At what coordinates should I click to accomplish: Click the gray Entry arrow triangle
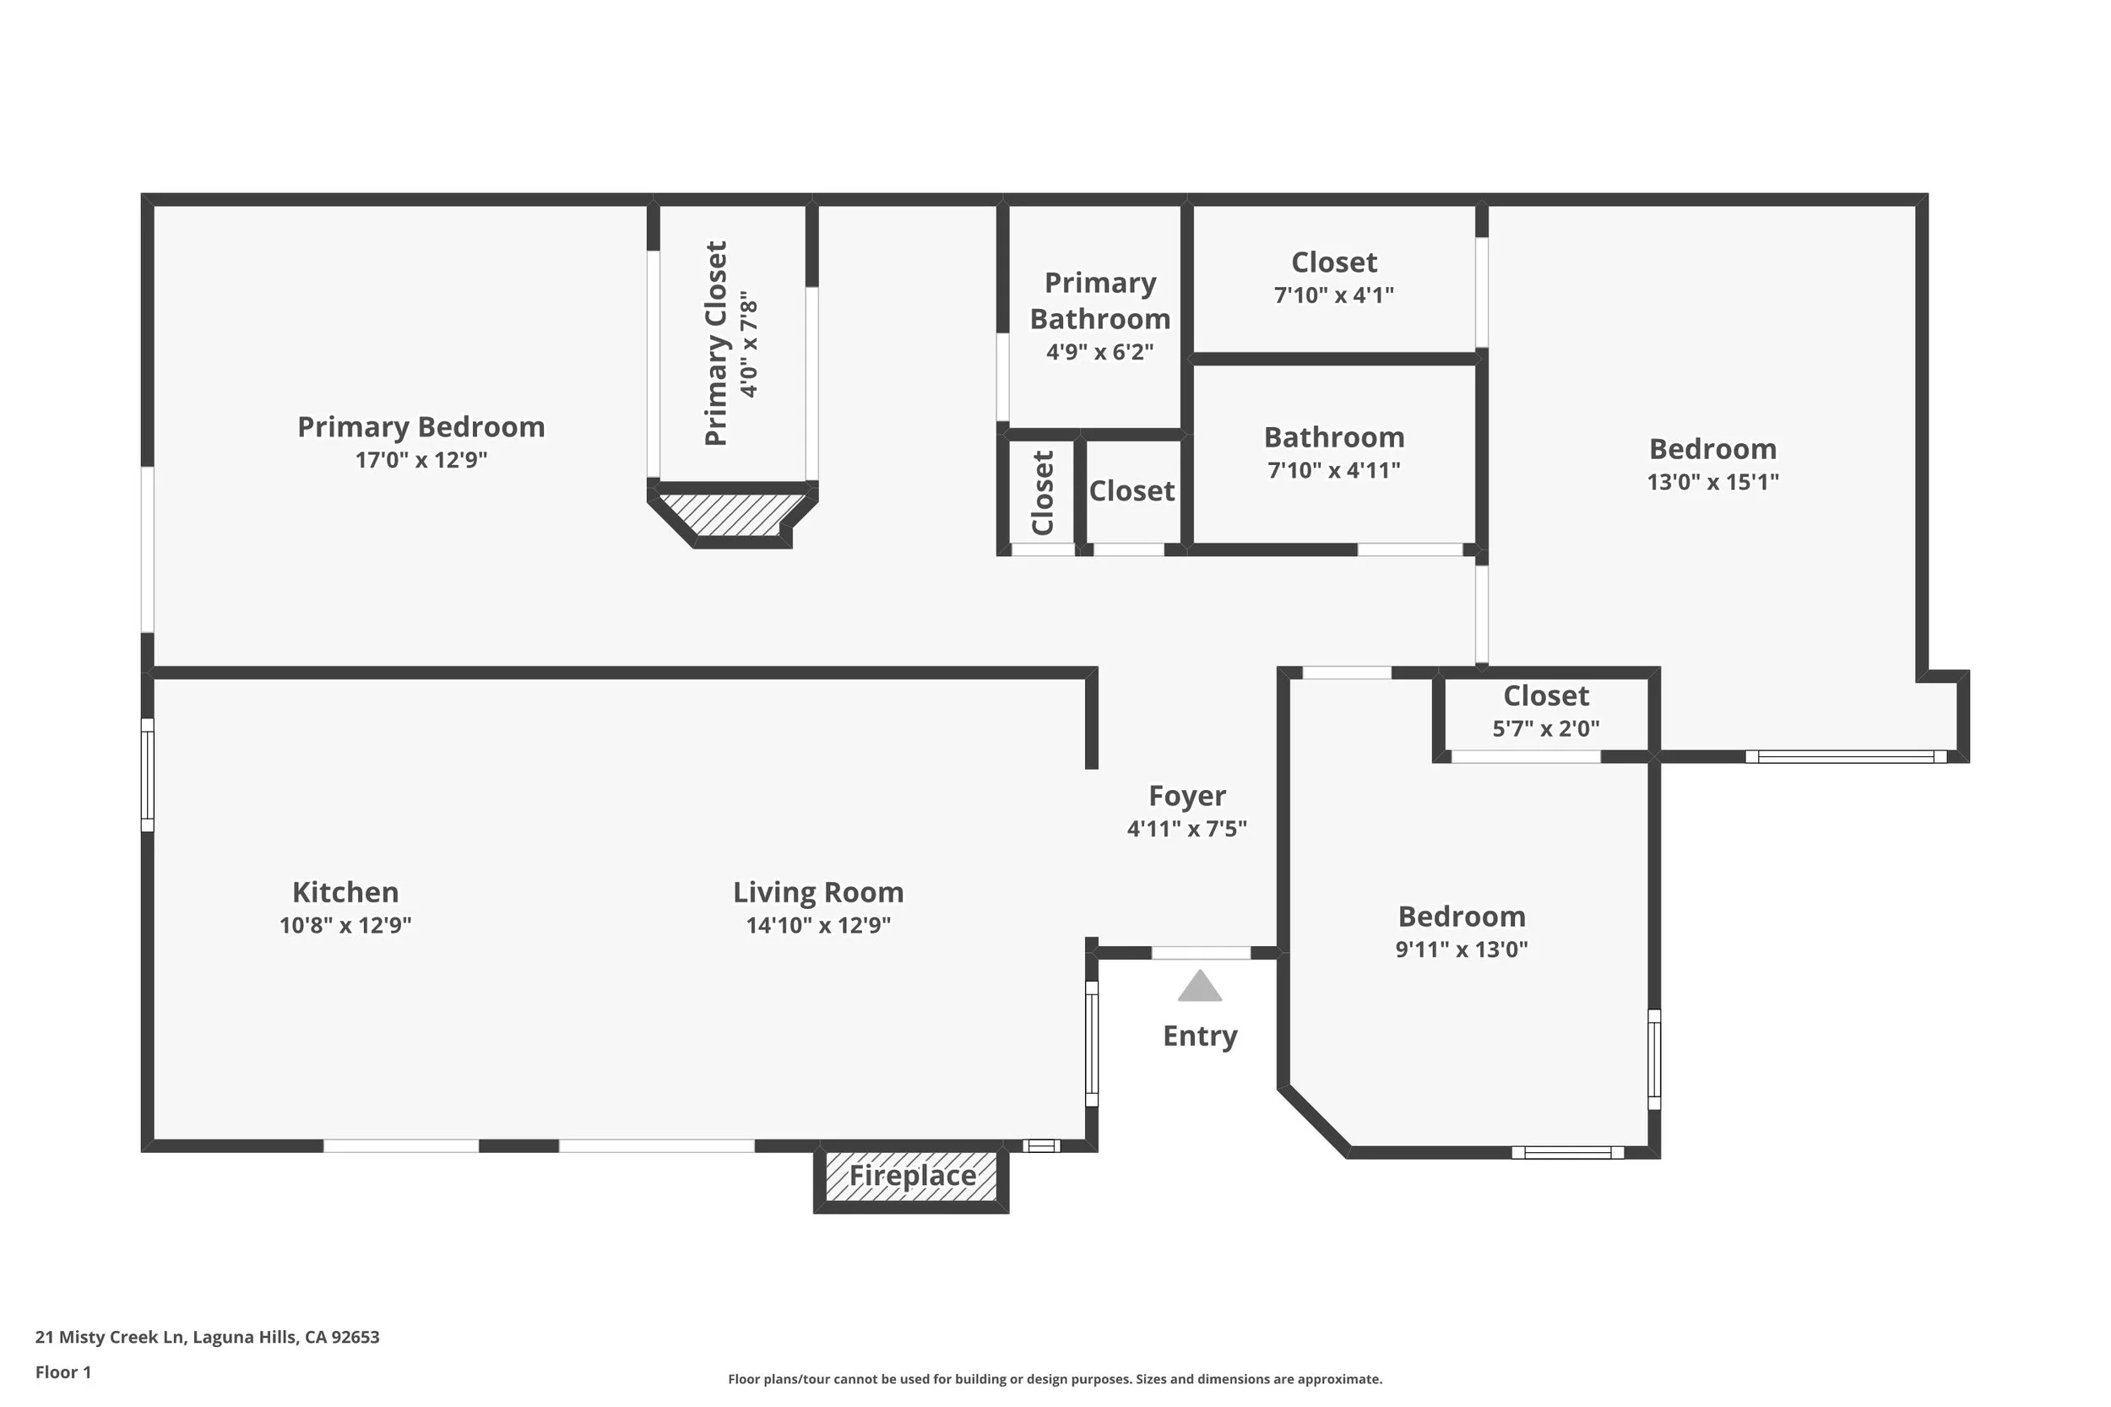coord(1200,986)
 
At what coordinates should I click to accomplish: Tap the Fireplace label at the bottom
coord(912,1176)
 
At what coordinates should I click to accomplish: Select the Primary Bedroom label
coord(421,427)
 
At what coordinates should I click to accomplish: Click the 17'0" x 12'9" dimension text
coord(421,460)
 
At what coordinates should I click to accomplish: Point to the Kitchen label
coord(345,892)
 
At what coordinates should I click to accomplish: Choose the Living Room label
coord(818,892)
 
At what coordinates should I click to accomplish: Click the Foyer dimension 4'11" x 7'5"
coord(1187,828)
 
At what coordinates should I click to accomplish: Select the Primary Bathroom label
coord(1100,300)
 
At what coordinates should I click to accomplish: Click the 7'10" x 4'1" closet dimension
coord(1335,295)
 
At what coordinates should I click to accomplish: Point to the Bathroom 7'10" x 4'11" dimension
coord(1335,470)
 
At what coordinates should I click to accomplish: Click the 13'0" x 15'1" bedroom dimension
coord(1713,482)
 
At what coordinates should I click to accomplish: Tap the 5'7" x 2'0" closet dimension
coord(1546,728)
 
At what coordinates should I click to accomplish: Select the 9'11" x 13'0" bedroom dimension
coord(1463,950)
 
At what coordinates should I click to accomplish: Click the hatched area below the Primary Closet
coord(730,514)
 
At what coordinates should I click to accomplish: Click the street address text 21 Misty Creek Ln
coord(110,1337)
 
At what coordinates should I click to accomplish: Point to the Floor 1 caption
coord(62,1372)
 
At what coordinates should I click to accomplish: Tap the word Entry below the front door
coord(1200,1036)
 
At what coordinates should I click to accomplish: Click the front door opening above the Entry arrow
coord(1201,953)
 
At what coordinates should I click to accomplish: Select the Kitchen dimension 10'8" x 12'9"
coord(345,925)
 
